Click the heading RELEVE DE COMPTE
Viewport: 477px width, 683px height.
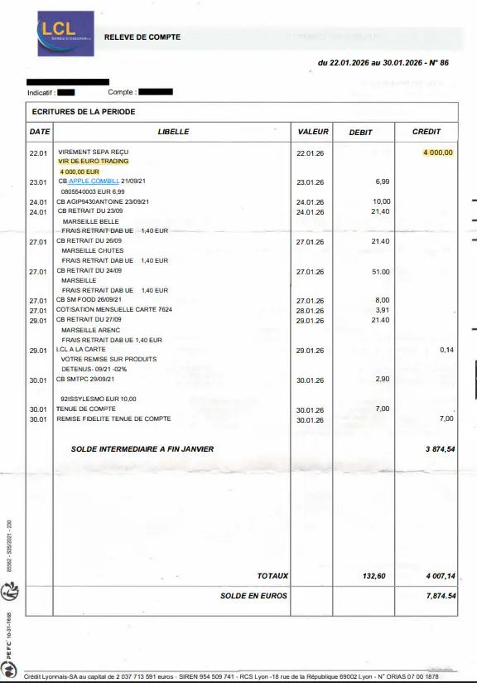tap(142, 37)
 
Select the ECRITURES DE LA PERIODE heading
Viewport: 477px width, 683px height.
tap(83, 112)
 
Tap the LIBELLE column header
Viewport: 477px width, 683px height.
tap(173, 132)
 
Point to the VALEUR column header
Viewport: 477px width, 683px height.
tap(313, 132)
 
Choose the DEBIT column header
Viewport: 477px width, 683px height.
tap(360, 133)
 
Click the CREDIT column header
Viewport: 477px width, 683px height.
tap(426, 132)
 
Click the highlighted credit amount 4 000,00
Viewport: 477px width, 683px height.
tap(438, 153)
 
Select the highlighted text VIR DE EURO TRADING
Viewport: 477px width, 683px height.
tap(94, 162)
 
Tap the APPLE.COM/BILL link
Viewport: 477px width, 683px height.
tap(94, 181)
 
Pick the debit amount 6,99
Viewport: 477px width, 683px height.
tap(382, 181)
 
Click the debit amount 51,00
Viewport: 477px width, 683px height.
tap(381, 271)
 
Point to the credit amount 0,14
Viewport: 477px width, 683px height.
tap(446, 350)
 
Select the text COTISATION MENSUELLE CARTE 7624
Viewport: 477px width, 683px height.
tap(113, 309)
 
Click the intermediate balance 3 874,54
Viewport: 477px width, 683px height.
tap(440, 448)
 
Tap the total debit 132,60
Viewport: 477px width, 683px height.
tap(374, 576)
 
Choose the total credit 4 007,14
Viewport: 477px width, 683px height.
tap(441, 576)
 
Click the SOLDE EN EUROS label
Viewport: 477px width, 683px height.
tap(253, 595)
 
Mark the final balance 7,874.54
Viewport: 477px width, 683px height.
tap(441, 596)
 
